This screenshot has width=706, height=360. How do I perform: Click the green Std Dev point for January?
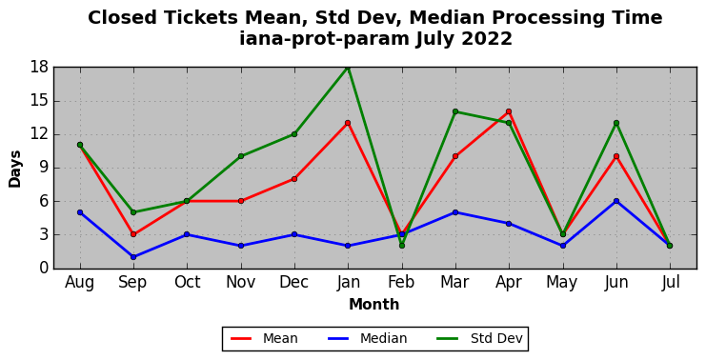(348, 68)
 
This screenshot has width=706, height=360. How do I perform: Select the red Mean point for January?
(348, 123)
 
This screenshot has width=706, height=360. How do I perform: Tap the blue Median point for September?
(133, 257)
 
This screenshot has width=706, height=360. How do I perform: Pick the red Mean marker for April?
(509, 111)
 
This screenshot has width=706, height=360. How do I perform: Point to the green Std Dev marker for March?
(455, 111)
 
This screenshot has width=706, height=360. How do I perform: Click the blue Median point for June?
(615, 201)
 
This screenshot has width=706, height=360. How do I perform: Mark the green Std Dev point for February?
(402, 246)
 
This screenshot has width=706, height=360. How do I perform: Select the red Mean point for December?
(294, 179)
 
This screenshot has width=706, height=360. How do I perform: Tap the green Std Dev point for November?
(241, 156)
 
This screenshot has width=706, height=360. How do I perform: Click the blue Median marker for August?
(80, 212)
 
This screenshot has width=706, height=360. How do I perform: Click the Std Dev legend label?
(496, 338)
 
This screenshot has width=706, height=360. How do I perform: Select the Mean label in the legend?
(280, 338)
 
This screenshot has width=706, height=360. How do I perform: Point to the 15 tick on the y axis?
(39, 101)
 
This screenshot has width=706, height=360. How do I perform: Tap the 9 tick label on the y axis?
(44, 168)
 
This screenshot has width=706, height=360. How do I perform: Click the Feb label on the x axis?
(402, 282)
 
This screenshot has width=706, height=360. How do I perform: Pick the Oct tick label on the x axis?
(187, 282)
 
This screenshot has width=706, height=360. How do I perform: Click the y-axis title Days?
(15, 169)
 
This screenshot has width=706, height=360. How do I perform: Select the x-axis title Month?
(374, 304)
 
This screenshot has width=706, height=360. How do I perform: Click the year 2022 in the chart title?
(487, 39)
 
